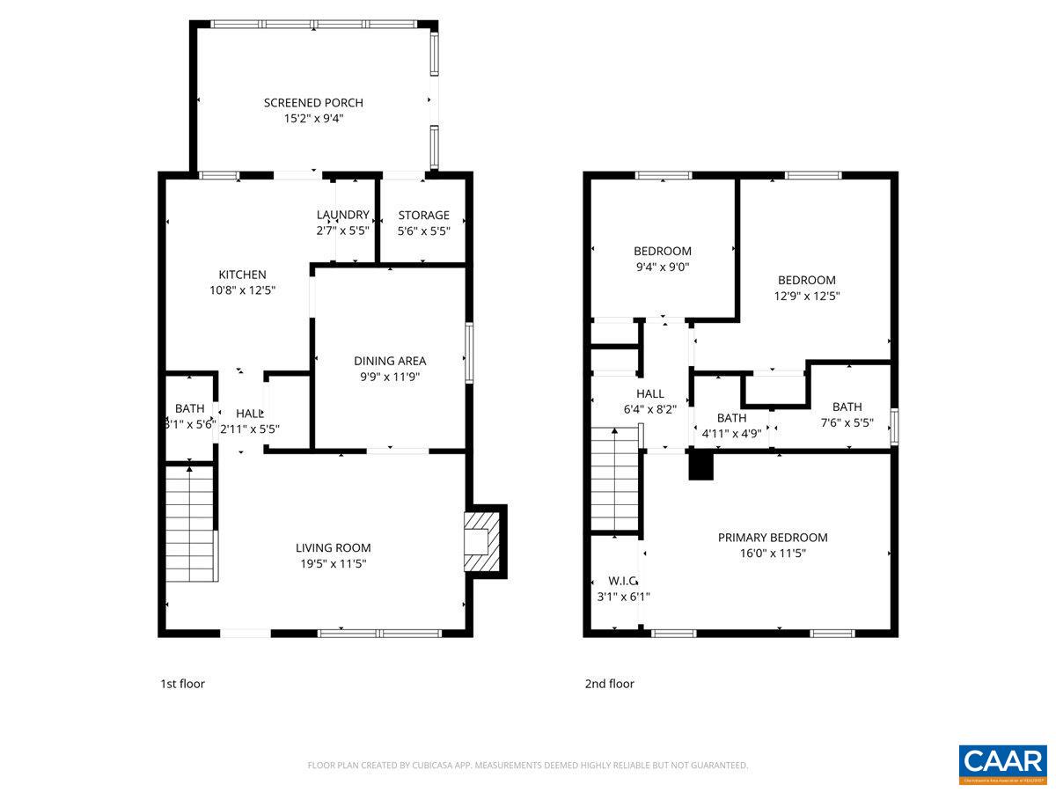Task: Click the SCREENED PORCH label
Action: coord(313,103)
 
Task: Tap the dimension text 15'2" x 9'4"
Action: coord(313,118)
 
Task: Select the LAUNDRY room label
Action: coord(342,215)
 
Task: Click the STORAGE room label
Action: coord(423,215)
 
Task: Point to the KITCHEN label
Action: coord(242,275)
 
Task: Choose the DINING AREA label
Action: coord(390,361)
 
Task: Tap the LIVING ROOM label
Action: coord(333,547)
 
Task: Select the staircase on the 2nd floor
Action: coord(614,480)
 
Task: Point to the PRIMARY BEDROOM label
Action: coord(773,538)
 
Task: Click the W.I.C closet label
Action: coord(622,581)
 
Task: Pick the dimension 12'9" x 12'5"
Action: coord(806,297)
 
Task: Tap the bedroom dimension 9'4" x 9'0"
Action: coord(662,266)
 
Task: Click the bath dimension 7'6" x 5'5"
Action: coord(847,422)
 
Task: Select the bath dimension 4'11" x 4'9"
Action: coord(730,433)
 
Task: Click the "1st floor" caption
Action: coord(182,684)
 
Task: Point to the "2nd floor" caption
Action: coord(609,684)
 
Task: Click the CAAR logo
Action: coord(1002,761)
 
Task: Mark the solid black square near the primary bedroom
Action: coord(700,466)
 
